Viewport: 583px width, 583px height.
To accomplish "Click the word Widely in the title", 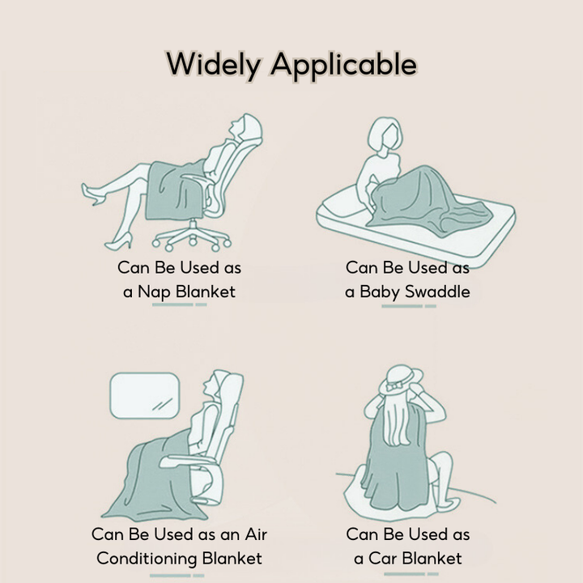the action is pyautogui.click(x=214, y=65).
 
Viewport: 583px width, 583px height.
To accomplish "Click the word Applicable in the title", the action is pyautogui.click(x=344, y=65).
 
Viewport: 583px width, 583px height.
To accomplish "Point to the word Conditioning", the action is pyautogui.click(x=147, y=559).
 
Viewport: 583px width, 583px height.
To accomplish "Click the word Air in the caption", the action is pyautogui.click(x=256, y=534).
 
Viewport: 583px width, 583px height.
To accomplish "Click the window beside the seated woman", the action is pyautogui.click(x=145, y=396).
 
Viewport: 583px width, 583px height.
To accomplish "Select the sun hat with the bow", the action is pyautogui.click(x=401, y=381).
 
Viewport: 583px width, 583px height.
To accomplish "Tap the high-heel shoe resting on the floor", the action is pyautogui.click(x=118, y=242).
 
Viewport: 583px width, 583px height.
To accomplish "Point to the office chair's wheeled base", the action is pyautogui.click(x=192, y=237).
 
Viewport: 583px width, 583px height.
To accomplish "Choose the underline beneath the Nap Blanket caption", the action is pyautogui.click(x=179, y=305).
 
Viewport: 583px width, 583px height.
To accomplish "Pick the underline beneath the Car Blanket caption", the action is pyautogui.click(x=411, y=574).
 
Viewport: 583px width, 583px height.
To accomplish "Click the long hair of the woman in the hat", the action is pyautogui.click(x=398, y=420).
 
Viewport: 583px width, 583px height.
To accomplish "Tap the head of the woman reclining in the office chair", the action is pyautogui.click(x=246, y=128).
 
